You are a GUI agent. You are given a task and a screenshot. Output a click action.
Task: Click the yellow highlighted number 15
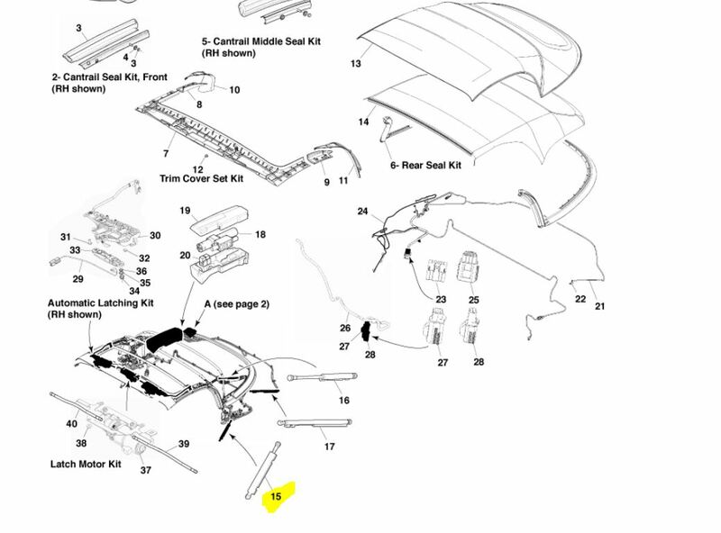tap(278, 495)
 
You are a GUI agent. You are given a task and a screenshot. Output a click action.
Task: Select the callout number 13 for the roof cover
tap(355, 64)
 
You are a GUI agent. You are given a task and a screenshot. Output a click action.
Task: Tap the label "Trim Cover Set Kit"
tap(202, 178)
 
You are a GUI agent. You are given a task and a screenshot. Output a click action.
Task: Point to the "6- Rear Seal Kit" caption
tap(424, 166)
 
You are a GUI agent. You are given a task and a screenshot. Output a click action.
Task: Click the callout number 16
tap(343, 401)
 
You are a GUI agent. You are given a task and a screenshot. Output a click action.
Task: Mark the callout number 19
tap(184, 212)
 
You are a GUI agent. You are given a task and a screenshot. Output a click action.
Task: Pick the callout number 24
tap(362, 212)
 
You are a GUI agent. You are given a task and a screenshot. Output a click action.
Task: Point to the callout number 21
tap(601, 307)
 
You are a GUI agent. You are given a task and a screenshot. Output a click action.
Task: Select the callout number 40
tap(71, 423)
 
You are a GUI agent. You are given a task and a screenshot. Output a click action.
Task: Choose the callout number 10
tap(234, 89)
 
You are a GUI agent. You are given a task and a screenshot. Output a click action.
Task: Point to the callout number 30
tap(155, 236)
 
